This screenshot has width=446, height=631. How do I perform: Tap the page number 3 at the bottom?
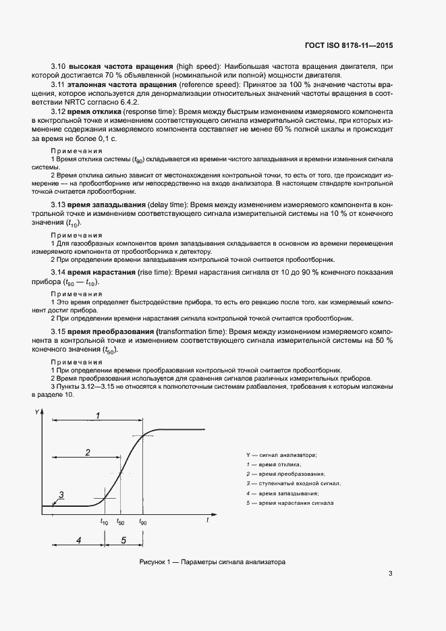390,574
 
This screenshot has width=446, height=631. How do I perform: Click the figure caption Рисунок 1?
213,561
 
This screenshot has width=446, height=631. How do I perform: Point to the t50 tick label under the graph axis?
120,522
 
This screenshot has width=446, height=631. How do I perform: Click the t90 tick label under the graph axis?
142,522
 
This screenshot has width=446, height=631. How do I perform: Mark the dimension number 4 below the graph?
78,541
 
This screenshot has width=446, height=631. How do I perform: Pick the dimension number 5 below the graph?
123,541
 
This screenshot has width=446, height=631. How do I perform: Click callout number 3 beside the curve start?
61,495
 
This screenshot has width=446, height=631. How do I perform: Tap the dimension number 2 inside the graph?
88,452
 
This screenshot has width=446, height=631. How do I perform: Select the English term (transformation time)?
192,332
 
